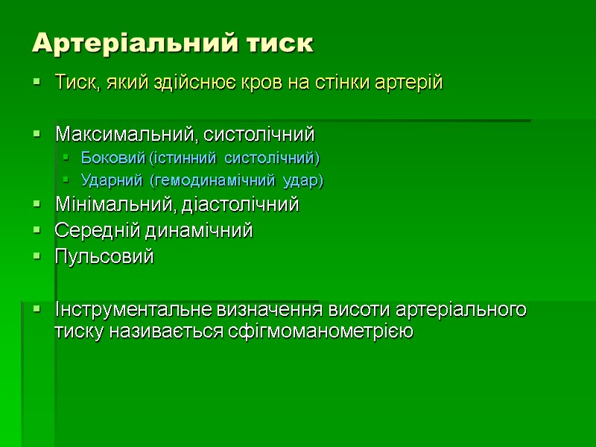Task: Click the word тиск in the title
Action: pyautogui.click(x=280, y=43)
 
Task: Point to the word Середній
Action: pyautogui.click(x=89, y=231)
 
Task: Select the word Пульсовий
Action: pyautogui.click(x=104, y=257)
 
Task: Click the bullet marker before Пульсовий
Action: pyautogui.click(x=37, y=258)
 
